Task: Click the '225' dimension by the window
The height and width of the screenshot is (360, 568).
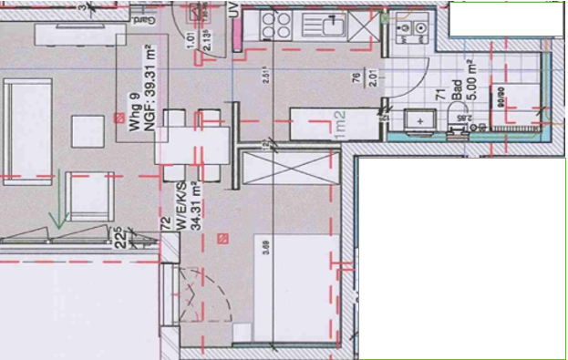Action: coord(119,238)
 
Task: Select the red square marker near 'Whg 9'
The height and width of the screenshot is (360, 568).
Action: coord(119,116)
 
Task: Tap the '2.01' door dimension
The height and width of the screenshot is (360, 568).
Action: coord(372,77)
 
